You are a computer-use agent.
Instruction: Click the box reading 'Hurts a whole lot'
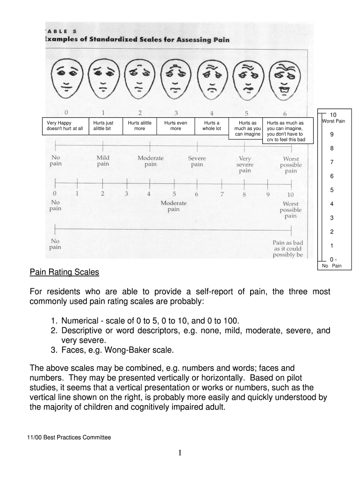point(211,126)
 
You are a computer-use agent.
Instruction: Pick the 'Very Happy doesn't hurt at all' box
point(65,126)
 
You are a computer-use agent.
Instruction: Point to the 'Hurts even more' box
point(175,126)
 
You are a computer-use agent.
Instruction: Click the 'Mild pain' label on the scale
point(103,161)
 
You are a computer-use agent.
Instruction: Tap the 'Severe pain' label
point(197,161)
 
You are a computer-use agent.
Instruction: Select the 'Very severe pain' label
point(245,165)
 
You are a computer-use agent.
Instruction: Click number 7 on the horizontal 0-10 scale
point(223,194)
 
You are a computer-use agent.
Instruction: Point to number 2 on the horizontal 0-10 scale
point(102,194)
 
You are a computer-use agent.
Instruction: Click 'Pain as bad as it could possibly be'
point(288,249)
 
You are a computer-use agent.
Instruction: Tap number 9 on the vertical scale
point(331,135)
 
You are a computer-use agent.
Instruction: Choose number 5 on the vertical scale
point(331,190)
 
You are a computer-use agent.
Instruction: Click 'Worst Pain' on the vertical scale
point(334,122)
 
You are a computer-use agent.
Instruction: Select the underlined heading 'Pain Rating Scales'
point(65,272)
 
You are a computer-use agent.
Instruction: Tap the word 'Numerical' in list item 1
point(82,321)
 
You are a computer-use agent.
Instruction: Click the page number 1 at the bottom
point(180,453)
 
